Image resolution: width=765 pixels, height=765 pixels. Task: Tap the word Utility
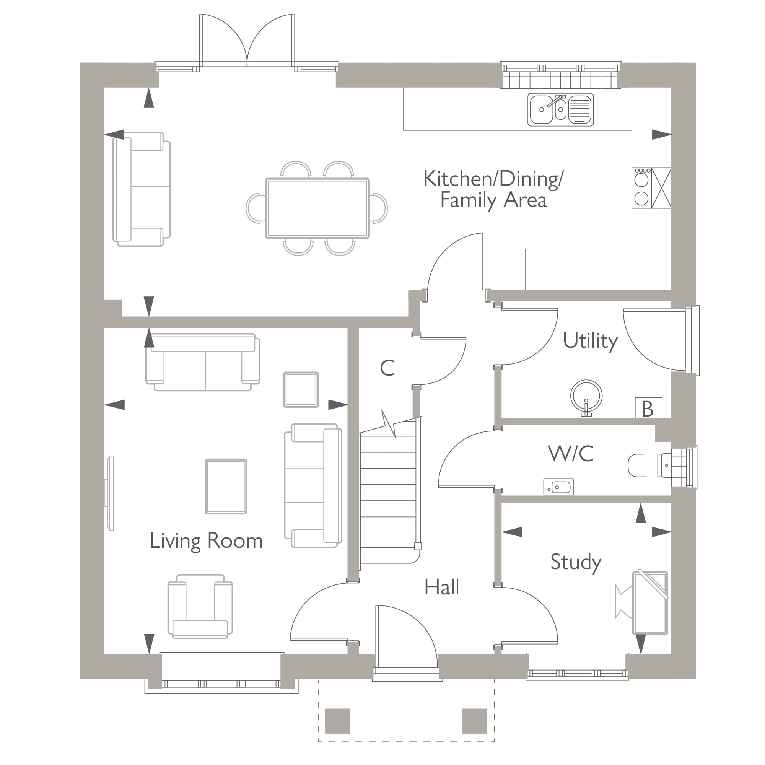point(590,341)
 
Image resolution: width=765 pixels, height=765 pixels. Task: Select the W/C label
point(571,454)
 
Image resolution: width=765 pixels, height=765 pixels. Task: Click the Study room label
point(576,562)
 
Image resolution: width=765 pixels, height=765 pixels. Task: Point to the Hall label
point(441,587)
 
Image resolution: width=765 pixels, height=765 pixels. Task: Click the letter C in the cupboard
point(387,368)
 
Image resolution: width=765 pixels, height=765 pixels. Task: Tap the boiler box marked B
point(648,408)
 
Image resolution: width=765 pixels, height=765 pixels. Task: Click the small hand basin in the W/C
point(558,487)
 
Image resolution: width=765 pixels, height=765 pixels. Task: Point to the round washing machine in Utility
point(586,396)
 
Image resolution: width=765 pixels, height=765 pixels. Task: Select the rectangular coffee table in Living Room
point(226,487)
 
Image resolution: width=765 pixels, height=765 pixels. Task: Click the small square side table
point(301,390)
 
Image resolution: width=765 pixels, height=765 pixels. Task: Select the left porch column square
point(337,721)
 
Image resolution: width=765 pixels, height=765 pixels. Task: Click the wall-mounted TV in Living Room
point(111,493)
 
